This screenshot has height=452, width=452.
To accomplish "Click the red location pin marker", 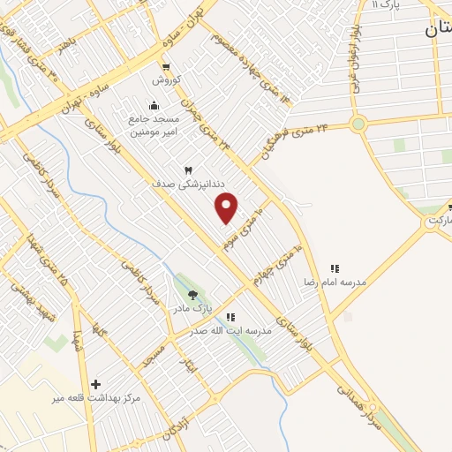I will click(227, 207).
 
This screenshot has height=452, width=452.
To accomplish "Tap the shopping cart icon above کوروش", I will click(165, 66).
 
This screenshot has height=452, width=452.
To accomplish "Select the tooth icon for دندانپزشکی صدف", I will click(188, 169).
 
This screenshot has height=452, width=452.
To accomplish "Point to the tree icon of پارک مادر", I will click(193, 295).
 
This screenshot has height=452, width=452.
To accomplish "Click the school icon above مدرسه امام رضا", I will click(335, 268).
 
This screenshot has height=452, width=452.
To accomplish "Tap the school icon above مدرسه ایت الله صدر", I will click(230, 317).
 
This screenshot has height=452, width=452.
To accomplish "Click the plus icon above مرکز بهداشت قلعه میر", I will click(96, 384).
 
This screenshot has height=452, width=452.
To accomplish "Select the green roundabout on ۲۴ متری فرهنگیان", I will click(358, 124).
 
